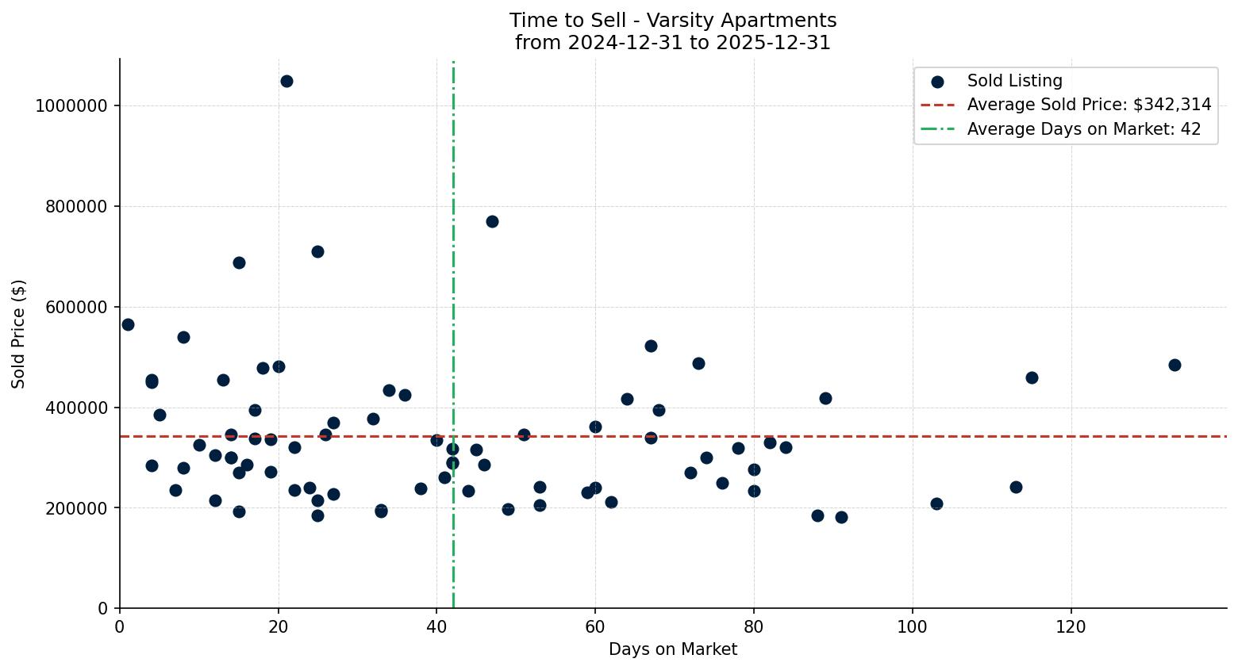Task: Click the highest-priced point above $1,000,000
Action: (x=286, y=81)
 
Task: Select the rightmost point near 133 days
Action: (x=1175, y=365)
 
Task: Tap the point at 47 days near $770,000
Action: (x=492, y=221)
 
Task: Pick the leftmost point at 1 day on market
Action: (x=128, y=324)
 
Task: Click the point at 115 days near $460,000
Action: (x=1032, y=377)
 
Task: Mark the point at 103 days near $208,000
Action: (x=936, y=503)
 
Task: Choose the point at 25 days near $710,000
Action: (x=317, y=251)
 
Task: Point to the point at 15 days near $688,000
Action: (x=239, y=262)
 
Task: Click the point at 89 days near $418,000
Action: (x=825, y=398)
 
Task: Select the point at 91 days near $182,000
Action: (x=841, y=517)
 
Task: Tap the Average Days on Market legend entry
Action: (x=1083, y=129)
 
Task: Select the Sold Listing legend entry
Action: (x=1014, y=81)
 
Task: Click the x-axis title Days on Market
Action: (x=673, y=649)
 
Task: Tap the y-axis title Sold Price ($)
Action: (x=19, y=333)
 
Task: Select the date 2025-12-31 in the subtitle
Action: (x=773, y=43)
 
